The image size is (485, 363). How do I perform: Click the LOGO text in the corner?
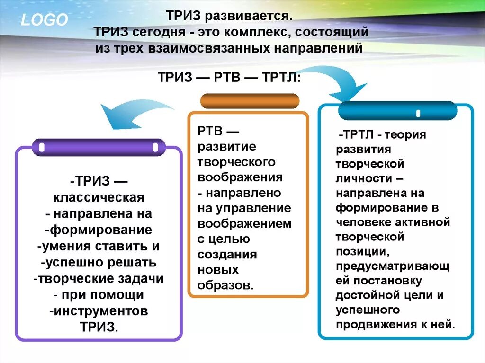click(x=44, y=19)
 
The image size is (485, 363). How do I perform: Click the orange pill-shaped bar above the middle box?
click(x=250, y=101)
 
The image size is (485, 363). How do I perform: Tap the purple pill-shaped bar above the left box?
click(x=99, y=147)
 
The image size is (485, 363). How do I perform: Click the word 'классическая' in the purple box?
click(x=99, y=197)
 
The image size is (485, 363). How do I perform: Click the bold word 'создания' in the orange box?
click(x=227, y=255)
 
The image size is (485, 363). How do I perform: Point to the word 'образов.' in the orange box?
click(x=226, y=286)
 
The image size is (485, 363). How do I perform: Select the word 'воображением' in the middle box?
click(x=245, y=224)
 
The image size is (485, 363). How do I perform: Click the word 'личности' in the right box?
click(x=364, y=179)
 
